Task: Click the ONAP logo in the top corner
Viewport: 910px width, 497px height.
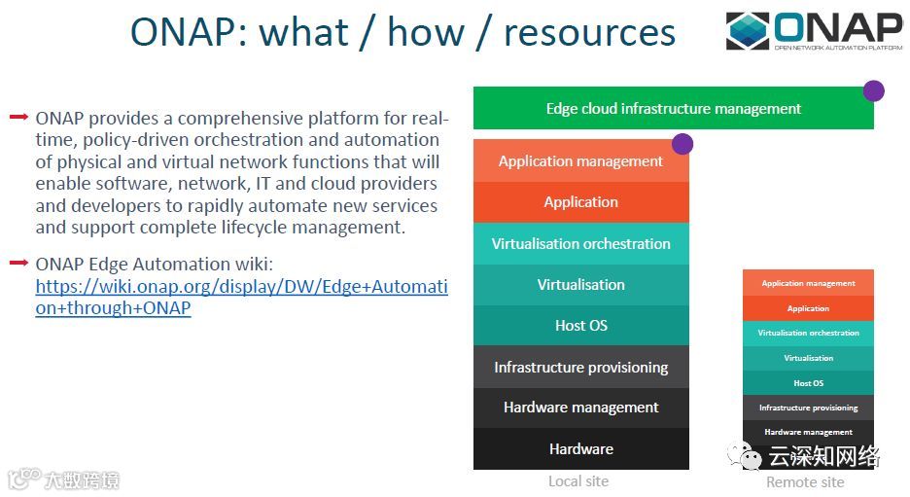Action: (814, 31)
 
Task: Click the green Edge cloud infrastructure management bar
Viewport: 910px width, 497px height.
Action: (673, 109)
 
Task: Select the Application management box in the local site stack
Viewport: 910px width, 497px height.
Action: (580, 161)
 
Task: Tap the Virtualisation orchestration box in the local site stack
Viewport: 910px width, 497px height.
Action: (580, 244)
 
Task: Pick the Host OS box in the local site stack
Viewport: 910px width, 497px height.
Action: (580, 326)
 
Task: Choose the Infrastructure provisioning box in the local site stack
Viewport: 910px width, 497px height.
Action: (580, 368)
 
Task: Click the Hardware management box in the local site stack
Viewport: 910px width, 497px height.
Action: (580, 408)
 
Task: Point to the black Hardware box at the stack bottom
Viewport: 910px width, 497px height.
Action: (580, 449)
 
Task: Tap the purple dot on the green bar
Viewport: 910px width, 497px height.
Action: (873, 90)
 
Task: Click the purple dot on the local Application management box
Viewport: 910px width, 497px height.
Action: (682, 144)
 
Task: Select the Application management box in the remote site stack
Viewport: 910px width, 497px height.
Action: (808, 283)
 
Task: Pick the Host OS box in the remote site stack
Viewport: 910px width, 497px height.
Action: (808, 383)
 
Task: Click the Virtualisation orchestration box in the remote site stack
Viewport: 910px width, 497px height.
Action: (808, 333)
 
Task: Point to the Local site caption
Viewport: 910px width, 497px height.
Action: (578, 481)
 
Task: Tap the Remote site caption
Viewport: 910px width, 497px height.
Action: (805, 482)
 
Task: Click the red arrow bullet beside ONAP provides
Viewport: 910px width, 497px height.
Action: (17, 118)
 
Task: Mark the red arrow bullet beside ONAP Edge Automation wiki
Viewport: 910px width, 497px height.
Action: (17, 263)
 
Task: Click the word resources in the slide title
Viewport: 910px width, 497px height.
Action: (589, 32)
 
